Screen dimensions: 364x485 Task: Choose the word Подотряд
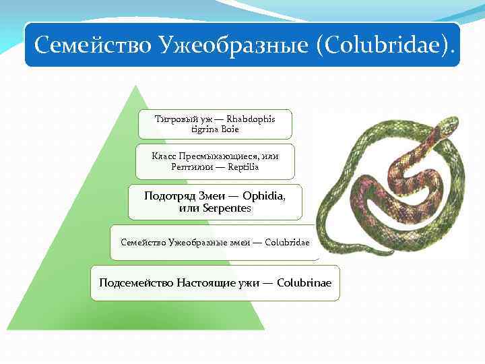pos(169,195)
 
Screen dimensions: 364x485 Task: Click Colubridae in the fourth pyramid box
pos(288,241)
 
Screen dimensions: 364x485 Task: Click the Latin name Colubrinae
pos(304,282)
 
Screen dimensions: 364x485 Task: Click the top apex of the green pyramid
pos(137,86)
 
